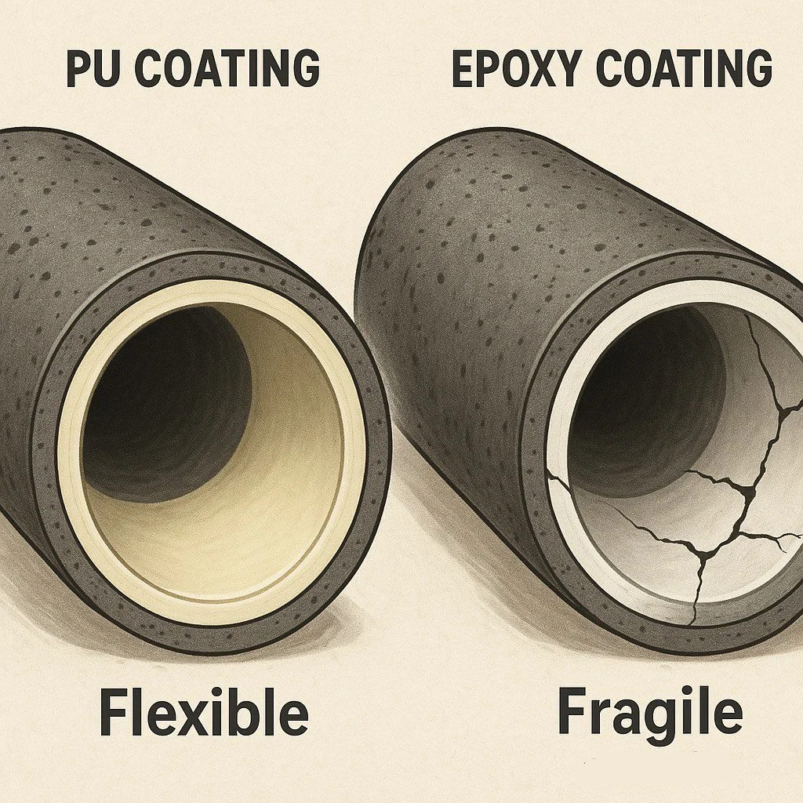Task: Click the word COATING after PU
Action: click(232, 69)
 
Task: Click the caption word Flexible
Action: click(203, 713)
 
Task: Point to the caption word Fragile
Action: click(649, 713)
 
